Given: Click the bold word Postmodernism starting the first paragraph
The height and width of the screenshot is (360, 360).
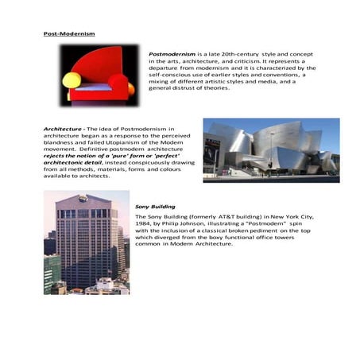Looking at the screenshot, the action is pyautogui.click(x=168, y=53).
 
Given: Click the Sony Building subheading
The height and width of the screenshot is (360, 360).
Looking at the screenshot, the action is pyautogui.click(x=152, y=207).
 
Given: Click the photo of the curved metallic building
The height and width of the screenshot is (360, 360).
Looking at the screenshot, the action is pyautogui.click(x=270, y=150).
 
